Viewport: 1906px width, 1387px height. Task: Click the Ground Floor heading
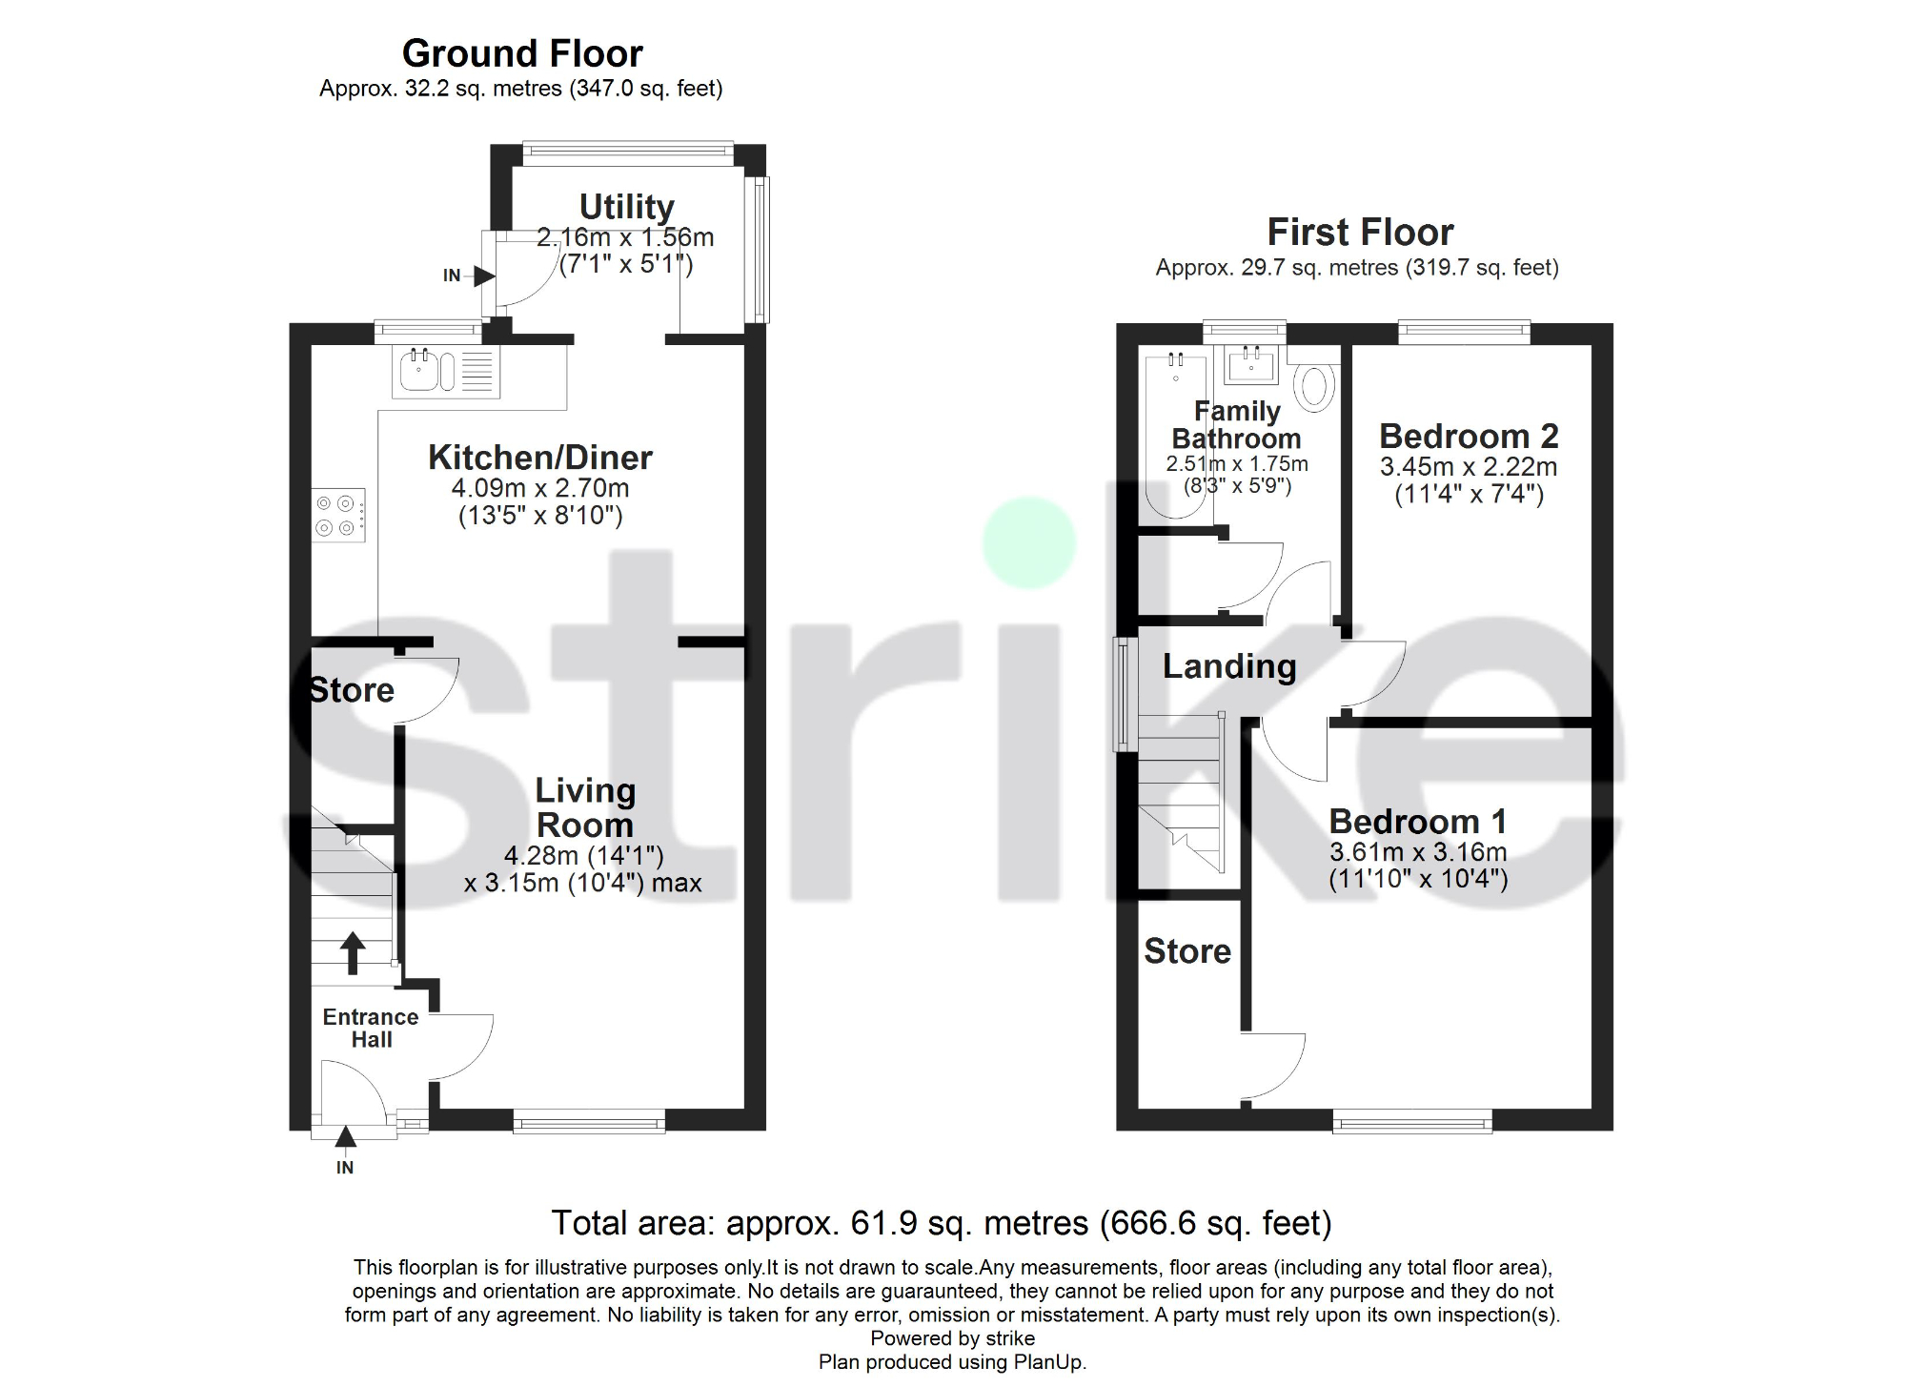click(522, 53)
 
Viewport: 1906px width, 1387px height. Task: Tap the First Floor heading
click(1360, 233)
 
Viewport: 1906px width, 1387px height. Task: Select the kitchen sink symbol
click(419, 371)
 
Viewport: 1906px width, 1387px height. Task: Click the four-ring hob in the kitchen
click(337, 516)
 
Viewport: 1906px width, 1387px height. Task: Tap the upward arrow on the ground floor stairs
click(353, 951)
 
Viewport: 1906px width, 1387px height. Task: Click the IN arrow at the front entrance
click(345, 1136)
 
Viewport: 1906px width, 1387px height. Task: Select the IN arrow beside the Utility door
click(483, 276)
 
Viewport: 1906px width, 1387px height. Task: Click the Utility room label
click(626, 207)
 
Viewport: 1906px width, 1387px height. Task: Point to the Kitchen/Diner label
click(539, 458)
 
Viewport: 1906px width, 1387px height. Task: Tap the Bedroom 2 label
click(1469, 437)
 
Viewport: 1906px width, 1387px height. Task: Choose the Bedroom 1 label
click(1417, 822)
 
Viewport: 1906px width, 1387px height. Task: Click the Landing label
click(1229, 666)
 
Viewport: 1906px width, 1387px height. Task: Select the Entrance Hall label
click(371, 1029)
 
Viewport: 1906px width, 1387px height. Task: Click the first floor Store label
click(1187, 951)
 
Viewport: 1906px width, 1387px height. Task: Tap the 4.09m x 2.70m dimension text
click(539, 488)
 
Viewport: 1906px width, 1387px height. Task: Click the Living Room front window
click(589, 1121)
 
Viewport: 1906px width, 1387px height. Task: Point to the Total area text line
click(942, 1223)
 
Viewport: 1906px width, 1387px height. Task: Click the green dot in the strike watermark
click(1029, 542)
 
